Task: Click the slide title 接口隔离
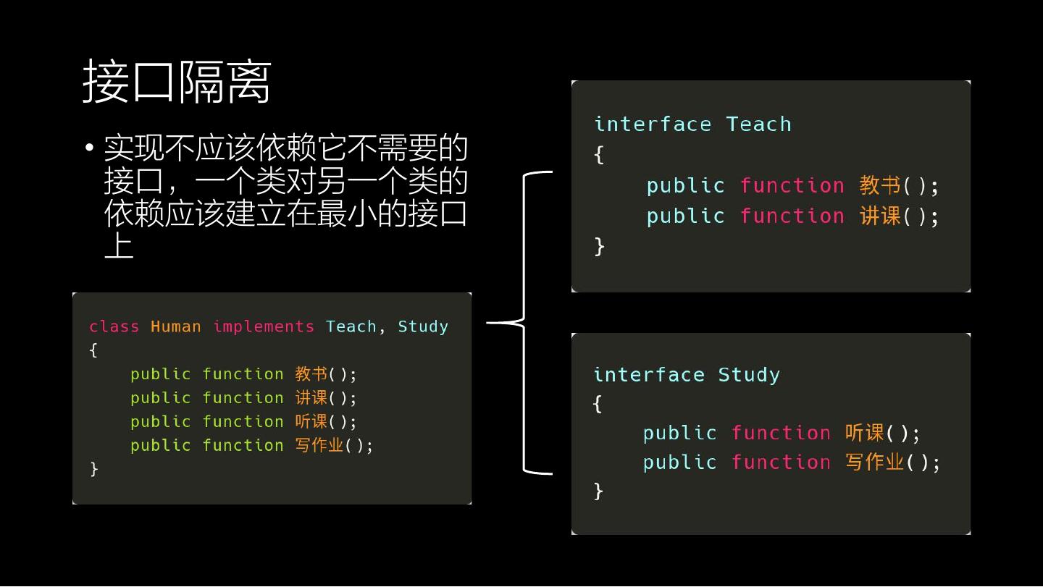coord(177,82)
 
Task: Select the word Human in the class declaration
coord(175,326)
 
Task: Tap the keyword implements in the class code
coord(264,326)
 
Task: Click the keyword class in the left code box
coord(114,326)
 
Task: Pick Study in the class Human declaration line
coord(423,326)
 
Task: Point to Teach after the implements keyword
coord(351,326)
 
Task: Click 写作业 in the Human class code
coord(319,445)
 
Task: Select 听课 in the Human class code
coord(311,421)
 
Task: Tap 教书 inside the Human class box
coord(311,374)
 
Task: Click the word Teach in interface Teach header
coord(758,124)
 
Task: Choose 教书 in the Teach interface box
coord(879,185)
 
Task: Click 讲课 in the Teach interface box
coord(879,216)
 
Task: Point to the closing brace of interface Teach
coord(599,246)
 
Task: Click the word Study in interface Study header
coord(749,375)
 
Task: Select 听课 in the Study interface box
coord(864,433)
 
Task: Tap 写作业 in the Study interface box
coord(874,462)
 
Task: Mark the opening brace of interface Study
coord(598,404)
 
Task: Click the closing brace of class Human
coord(93,468)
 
